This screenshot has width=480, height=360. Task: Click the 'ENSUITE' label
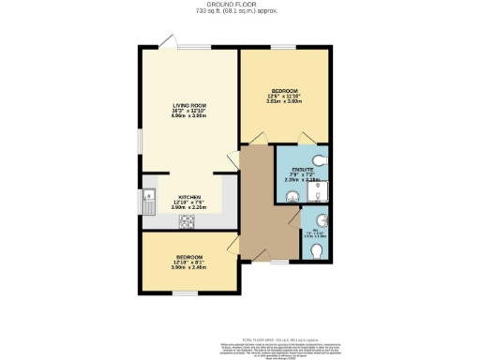point(302,170)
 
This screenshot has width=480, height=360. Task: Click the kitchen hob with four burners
point(187,222)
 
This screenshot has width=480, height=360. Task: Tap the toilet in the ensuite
point(320,158)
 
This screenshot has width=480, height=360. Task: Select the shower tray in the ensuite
point(319,192)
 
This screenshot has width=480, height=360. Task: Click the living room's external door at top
point(167,40)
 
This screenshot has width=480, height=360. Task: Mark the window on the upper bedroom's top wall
point(284,46)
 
